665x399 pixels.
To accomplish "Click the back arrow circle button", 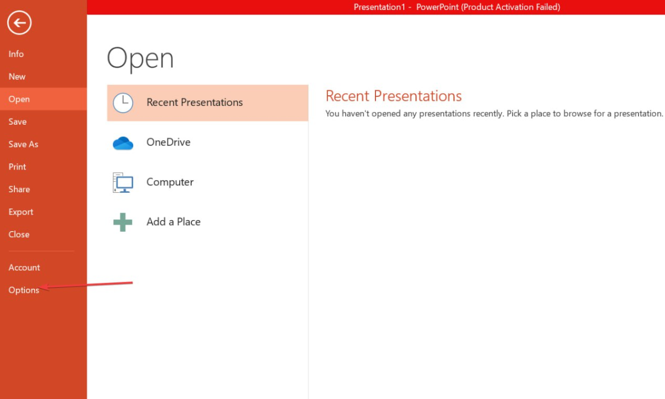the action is [x=19, y=23].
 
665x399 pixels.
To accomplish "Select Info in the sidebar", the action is [x=16, y=54].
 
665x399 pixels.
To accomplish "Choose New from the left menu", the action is [x=17, y=76].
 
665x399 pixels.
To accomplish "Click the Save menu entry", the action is [x=17, y=121].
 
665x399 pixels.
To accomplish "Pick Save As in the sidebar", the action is [x=23, y=144].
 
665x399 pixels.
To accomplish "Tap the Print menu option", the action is [x=17, y=167].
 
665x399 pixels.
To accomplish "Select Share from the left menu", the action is [x=19, y=190].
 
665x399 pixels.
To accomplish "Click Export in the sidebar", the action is [x=21, y=212].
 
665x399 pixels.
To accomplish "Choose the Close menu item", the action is [x=19, y=234].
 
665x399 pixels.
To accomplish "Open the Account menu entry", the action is [x=24, y=268].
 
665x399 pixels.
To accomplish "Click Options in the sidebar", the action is [x=24, y=290].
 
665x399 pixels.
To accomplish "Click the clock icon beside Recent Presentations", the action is [x=123, y=103].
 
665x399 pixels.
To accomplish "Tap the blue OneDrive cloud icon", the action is [x=123, y=143].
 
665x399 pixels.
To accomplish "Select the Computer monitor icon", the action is [x=123, y=182].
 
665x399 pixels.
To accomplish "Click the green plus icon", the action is [x=123, y=222].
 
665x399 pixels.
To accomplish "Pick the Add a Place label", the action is [x=174, y=222].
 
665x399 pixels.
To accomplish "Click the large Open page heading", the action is [x=140, y=58].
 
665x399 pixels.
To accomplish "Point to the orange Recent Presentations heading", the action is [x=394, y=96].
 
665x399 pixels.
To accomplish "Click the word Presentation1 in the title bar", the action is [x=379, y=7].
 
